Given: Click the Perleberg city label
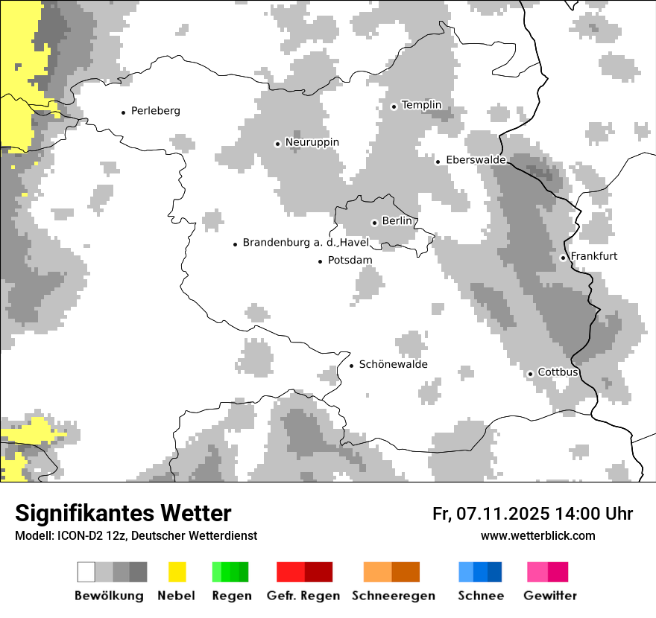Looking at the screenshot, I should (x=155, y=111).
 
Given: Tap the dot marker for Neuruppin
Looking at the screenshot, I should (x=277, y=144).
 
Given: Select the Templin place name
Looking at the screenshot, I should (x=421, y=105).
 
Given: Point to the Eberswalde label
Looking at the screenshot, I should (x=476, y=160).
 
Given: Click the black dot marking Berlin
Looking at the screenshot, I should (x=374, y=223).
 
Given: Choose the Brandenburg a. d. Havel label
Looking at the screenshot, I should (x=306, y=243).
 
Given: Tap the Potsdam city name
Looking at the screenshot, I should (x=350, y=261).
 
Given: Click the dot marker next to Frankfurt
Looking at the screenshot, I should (x=563, y=258).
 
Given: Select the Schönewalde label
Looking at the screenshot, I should (x=393, y=364).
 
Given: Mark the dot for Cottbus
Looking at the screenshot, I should (x=530, y=374).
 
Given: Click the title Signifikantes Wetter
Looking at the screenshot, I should (x=123, y=513).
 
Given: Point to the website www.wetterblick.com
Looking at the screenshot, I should (x=537, y=535).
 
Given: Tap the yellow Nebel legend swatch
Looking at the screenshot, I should (x=177, y=572).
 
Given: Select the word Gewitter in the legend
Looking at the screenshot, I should (x=549, y=596).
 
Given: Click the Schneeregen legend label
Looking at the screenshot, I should (x=393, y=596).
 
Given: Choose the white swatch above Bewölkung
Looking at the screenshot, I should (x=86, y=572).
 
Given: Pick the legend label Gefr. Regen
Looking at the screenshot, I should (x=303, y=596).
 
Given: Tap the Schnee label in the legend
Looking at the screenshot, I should (x=480, y=596).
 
